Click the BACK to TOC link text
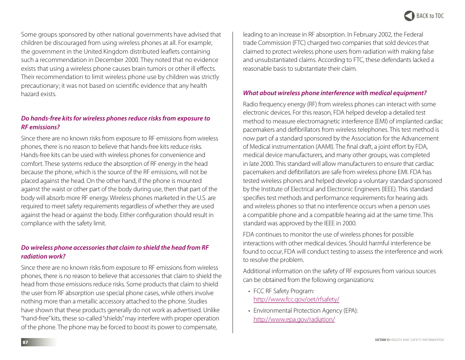tap(430, 16)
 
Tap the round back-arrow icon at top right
tap(409, 16)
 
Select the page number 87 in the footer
tap(25, 342)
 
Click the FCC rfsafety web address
tap(296, 300)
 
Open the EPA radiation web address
tap(294, 319)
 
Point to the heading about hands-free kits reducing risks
tap(115, 122)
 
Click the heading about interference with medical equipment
tap(334, 93)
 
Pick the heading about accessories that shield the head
tap(115, 252)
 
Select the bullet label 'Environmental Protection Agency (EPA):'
tap(306, 311)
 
